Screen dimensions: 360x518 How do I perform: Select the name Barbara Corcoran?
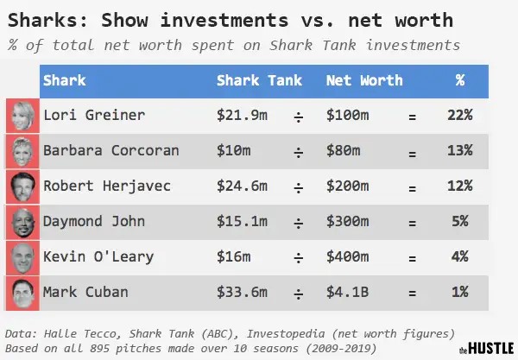click(x=111, y=150)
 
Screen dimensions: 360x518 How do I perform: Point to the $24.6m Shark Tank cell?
click(x=241, y=186)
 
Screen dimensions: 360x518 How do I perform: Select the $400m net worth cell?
click(x=348, y=257)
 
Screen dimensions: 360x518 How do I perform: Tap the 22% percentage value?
click(x=460, y=115)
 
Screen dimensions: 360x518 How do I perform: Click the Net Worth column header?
click(x=363, y=80)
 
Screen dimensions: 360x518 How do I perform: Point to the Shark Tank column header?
click(x=259, y=80)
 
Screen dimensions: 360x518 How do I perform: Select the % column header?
click(x=460, y=80)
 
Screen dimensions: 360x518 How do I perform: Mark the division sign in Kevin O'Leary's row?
click(x=299, y=258)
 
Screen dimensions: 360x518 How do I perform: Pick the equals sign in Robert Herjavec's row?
click(x=412, y=186)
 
